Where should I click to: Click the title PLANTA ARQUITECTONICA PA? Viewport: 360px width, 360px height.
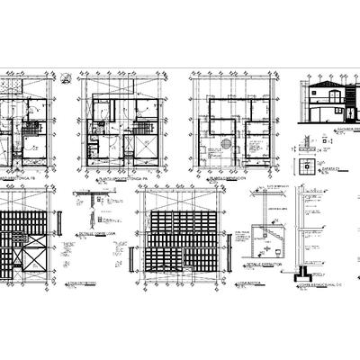112,181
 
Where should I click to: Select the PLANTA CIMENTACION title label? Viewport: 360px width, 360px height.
225,181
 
